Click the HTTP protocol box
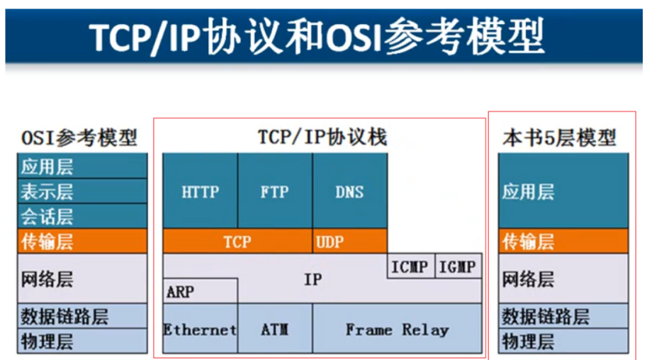(201, 191)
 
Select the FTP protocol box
(275, 191)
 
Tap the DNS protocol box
(350, 191)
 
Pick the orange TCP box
(237, 242)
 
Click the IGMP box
(458, 266)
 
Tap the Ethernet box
(200, 330)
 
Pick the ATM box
(275, 330)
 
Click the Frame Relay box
(397, 330)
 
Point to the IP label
(313, 279)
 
